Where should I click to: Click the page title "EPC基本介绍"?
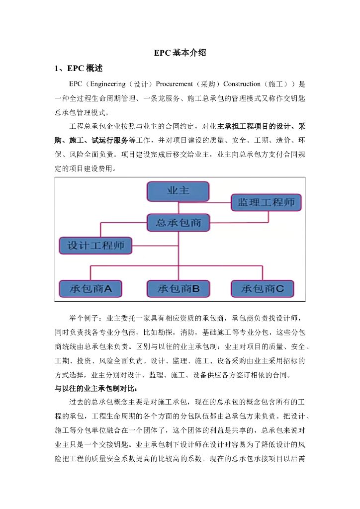coord(180,53)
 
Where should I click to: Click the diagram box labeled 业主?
coord(178,191)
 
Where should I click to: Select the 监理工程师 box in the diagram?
coord(266,202)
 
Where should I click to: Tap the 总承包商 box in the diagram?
coord(178,222)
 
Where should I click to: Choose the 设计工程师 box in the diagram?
coord(95,245)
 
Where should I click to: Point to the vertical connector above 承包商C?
coord(263,273)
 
